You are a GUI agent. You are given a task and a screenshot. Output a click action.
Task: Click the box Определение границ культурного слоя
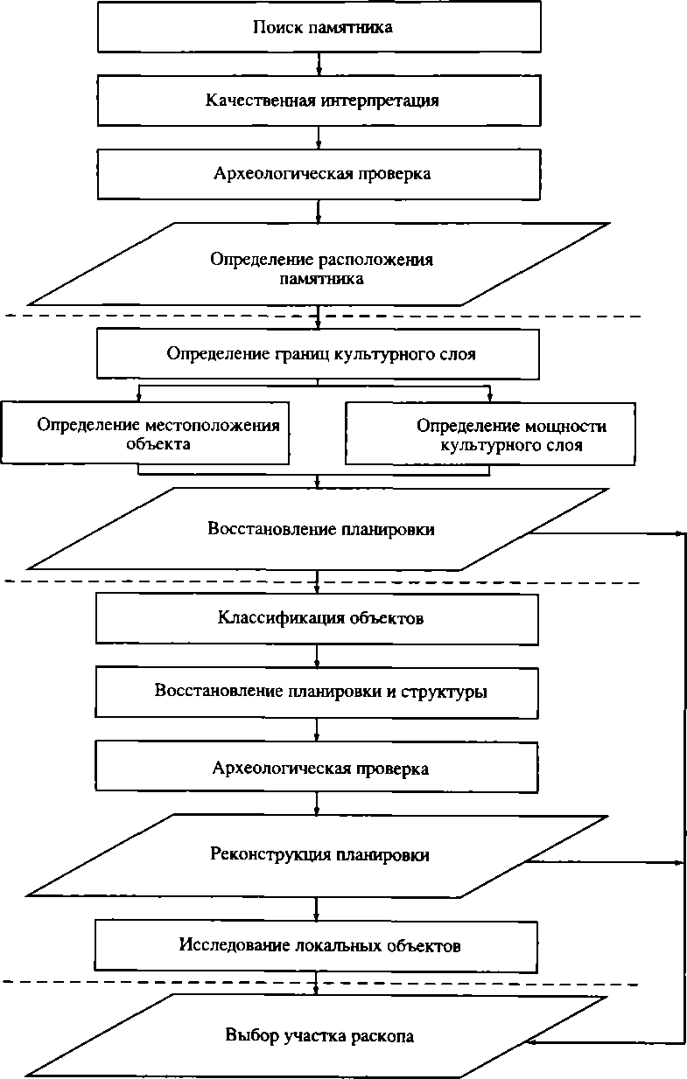coord(317,354)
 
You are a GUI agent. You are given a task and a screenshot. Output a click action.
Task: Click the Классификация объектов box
coord(317,619)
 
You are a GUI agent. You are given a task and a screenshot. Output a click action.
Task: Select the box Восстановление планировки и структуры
coord(317,692)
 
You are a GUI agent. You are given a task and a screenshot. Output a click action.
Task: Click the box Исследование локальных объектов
coord(317,945)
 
